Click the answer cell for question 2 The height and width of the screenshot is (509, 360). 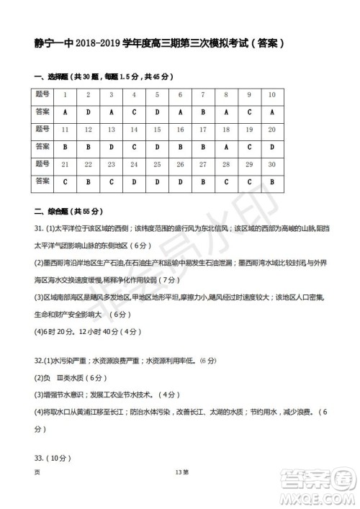tap(88, 112)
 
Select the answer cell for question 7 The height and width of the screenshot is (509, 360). tap(202, 112)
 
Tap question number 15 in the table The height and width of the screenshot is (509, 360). tap(157, 130)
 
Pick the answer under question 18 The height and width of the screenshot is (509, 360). tap(225, 147)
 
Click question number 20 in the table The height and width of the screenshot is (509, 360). tap(271, 130)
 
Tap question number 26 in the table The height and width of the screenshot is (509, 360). tap(180, 165)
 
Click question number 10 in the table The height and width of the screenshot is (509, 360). tap(271, 94)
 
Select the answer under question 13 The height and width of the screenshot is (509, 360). tap(111, 147)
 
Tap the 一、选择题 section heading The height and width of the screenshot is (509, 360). tap(52, 77)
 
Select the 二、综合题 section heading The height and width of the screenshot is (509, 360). tap(52, 212)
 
